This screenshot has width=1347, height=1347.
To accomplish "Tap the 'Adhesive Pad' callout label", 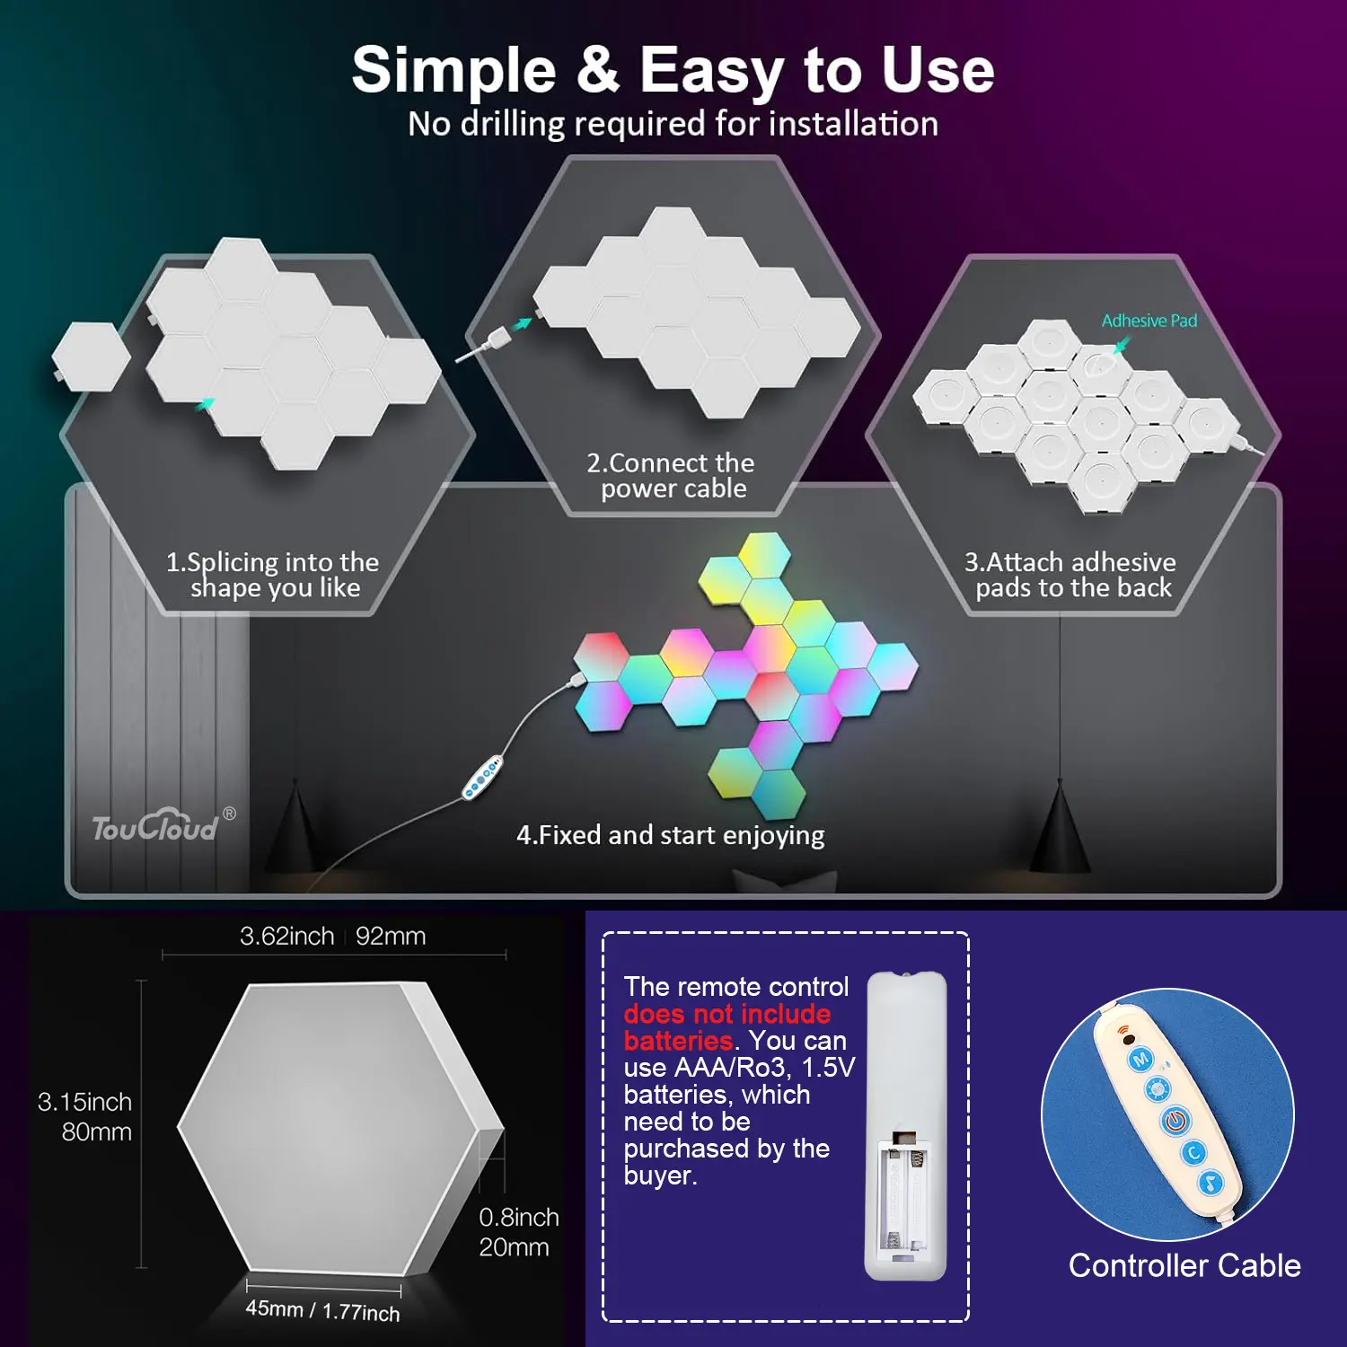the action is coord(1149,321).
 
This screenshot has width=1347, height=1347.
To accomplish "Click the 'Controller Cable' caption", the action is coord(1184,1265).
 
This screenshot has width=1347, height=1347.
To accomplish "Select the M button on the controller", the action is coord(1140,1060).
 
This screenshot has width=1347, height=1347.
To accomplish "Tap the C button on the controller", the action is coord(1193,1153).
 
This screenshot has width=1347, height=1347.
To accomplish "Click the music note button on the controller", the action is coord(1211,1184).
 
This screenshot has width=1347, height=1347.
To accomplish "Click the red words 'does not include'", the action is coord(727,1014).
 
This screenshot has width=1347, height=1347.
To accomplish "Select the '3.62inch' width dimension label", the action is coord(287,936).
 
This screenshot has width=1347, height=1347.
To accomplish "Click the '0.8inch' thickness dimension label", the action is coord(519,1217).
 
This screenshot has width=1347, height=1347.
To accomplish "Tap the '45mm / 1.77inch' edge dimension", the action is coord(323,1310).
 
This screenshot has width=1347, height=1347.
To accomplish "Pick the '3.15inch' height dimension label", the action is coord(84,1102).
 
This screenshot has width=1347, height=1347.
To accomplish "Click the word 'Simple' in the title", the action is coord(453,70).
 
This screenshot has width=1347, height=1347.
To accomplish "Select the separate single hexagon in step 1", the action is coord(90,356).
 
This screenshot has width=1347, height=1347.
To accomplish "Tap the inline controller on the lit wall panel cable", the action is coord(482,779).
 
